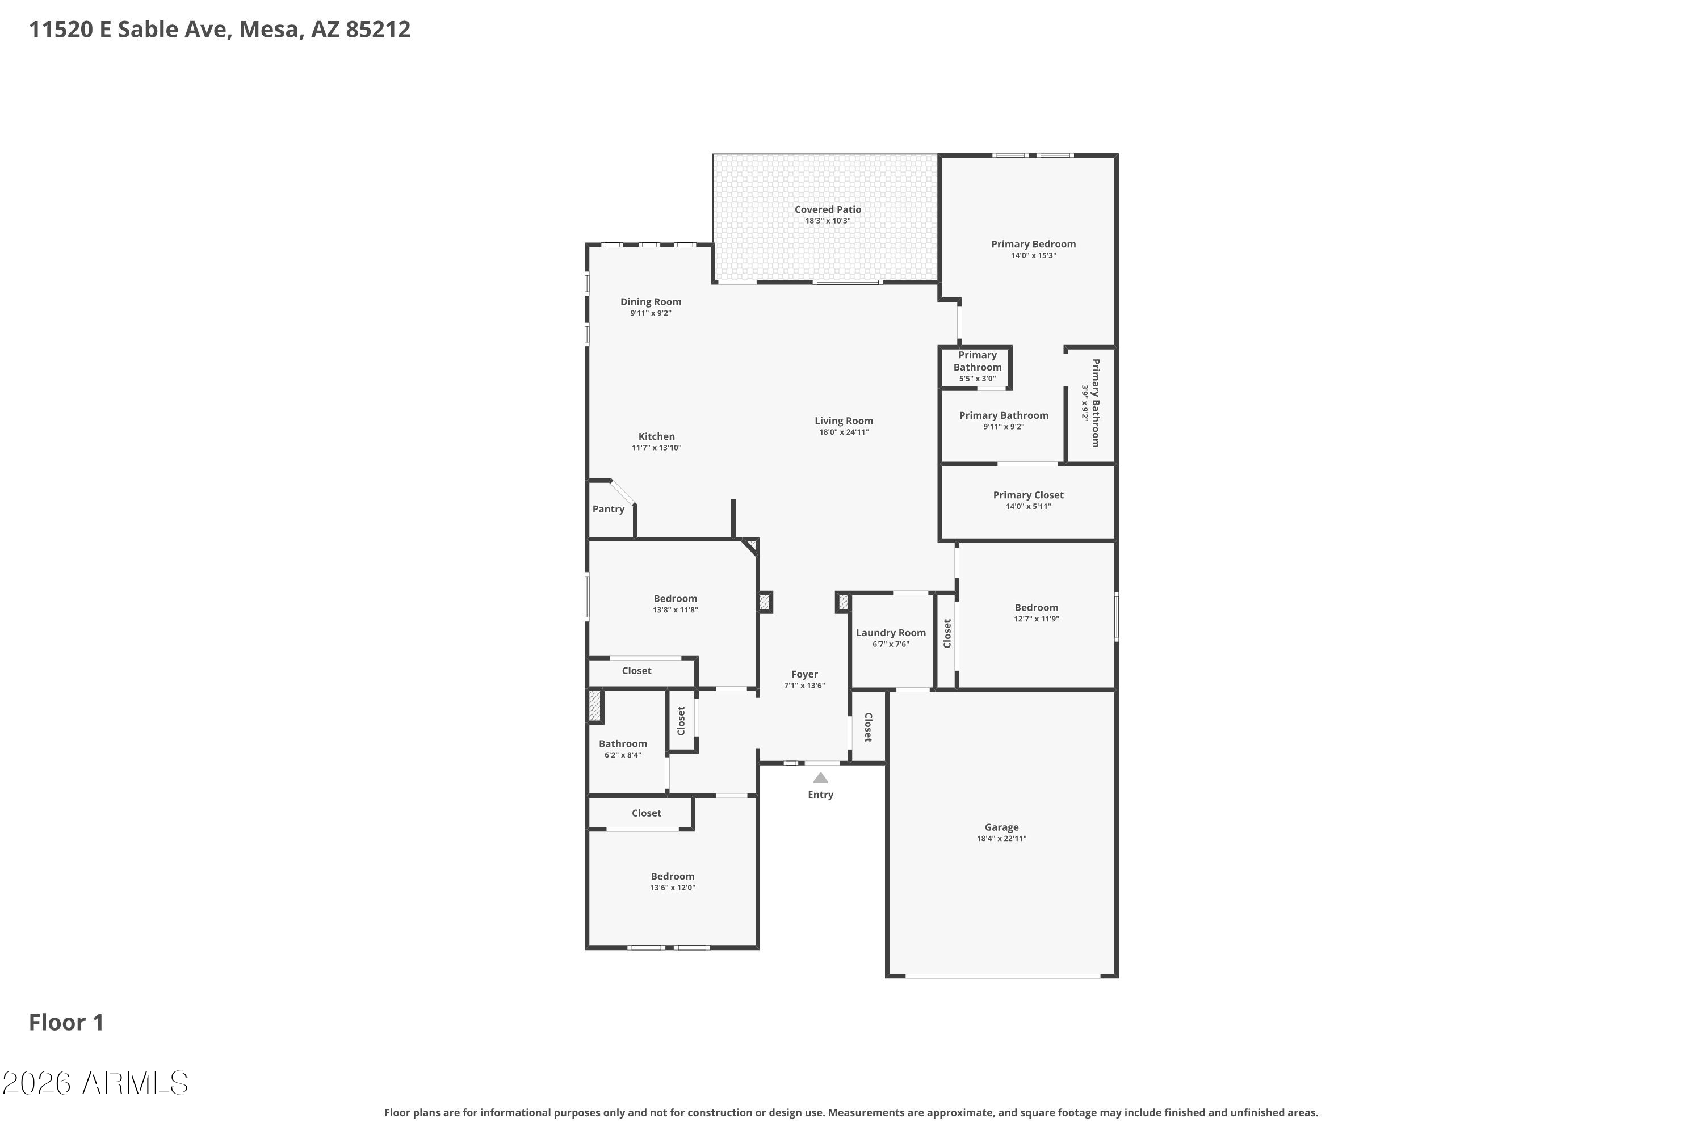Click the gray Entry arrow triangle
tap(820, 778)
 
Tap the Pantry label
tap(608, 510)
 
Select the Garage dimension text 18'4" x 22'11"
tap(1001, 839)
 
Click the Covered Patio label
tap(828, 210)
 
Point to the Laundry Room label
tap(891, 633)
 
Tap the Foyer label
tap(804, 675)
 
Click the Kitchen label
tap(656, 437)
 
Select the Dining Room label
tap(650, 302)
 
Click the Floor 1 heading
tap(66, 1023)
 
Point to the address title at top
tap(219, 30)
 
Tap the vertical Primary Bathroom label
tap(1096, 403)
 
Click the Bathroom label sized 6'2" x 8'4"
tap(623, 744)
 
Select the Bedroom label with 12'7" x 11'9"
tap(1036, 608)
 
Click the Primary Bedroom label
tap(1033, 245)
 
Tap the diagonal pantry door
tap(623, 492)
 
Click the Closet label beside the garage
tap(868, 728)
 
